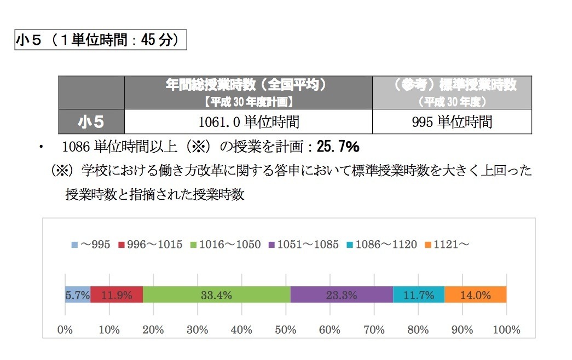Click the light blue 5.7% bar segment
tap(77, 295)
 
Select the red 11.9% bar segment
tap(117, 295)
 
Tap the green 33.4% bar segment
tap(216, 295)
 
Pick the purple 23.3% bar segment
tap(342, 295)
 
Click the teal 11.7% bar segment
tap(419, 295)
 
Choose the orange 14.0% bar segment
tap(475, 295)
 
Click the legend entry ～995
tap(91, 245)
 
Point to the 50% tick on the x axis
tap(286, 330)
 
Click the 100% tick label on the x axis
tap(506, 330)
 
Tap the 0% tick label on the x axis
tap(65, 330)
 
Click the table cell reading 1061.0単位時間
tap(248, 121)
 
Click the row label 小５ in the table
tap(91, 121)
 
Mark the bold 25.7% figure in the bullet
tap(337, 147)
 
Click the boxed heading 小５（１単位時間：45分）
tap(101, 41)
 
